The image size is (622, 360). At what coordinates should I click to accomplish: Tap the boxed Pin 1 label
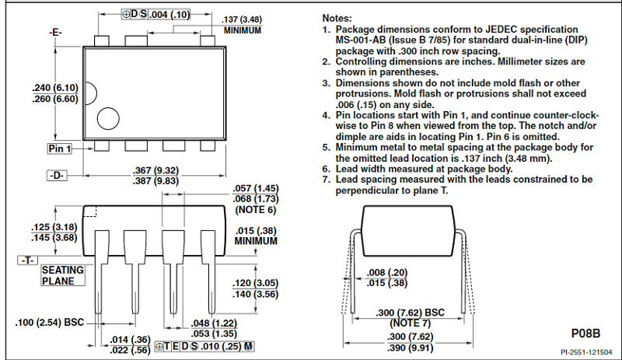coord(59,149)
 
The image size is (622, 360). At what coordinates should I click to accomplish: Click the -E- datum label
coord(55,33)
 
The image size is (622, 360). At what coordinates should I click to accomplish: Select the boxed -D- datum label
coord(57,176)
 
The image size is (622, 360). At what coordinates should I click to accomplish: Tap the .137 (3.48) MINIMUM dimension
coord(240,19)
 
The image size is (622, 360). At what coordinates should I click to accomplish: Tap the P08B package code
coord(586,333)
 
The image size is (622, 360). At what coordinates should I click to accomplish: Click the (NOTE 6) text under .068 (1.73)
coord(255,210)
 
